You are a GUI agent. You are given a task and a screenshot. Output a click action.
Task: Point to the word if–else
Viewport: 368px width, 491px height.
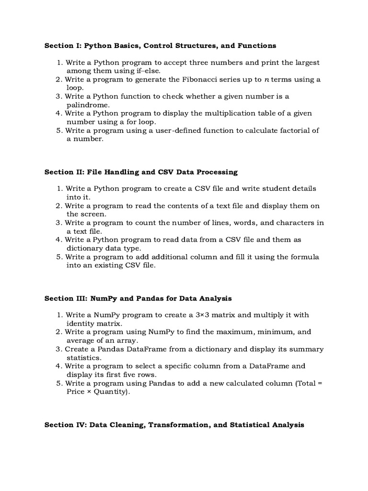[x=147, y=71]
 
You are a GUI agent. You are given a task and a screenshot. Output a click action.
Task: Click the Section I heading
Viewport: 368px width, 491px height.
[x=160, y=46]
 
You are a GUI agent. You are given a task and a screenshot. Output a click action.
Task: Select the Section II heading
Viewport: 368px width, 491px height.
[x=141, y=172]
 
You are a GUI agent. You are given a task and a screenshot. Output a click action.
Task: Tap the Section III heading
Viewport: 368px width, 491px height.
[x=138, y=298]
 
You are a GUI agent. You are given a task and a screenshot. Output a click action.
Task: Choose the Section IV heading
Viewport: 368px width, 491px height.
[x=174, y=425]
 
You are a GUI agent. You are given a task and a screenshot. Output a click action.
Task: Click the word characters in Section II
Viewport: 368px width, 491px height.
[x=297, y=223]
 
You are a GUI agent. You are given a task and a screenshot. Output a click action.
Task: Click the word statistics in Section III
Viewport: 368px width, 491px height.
[x=84, y=358]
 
